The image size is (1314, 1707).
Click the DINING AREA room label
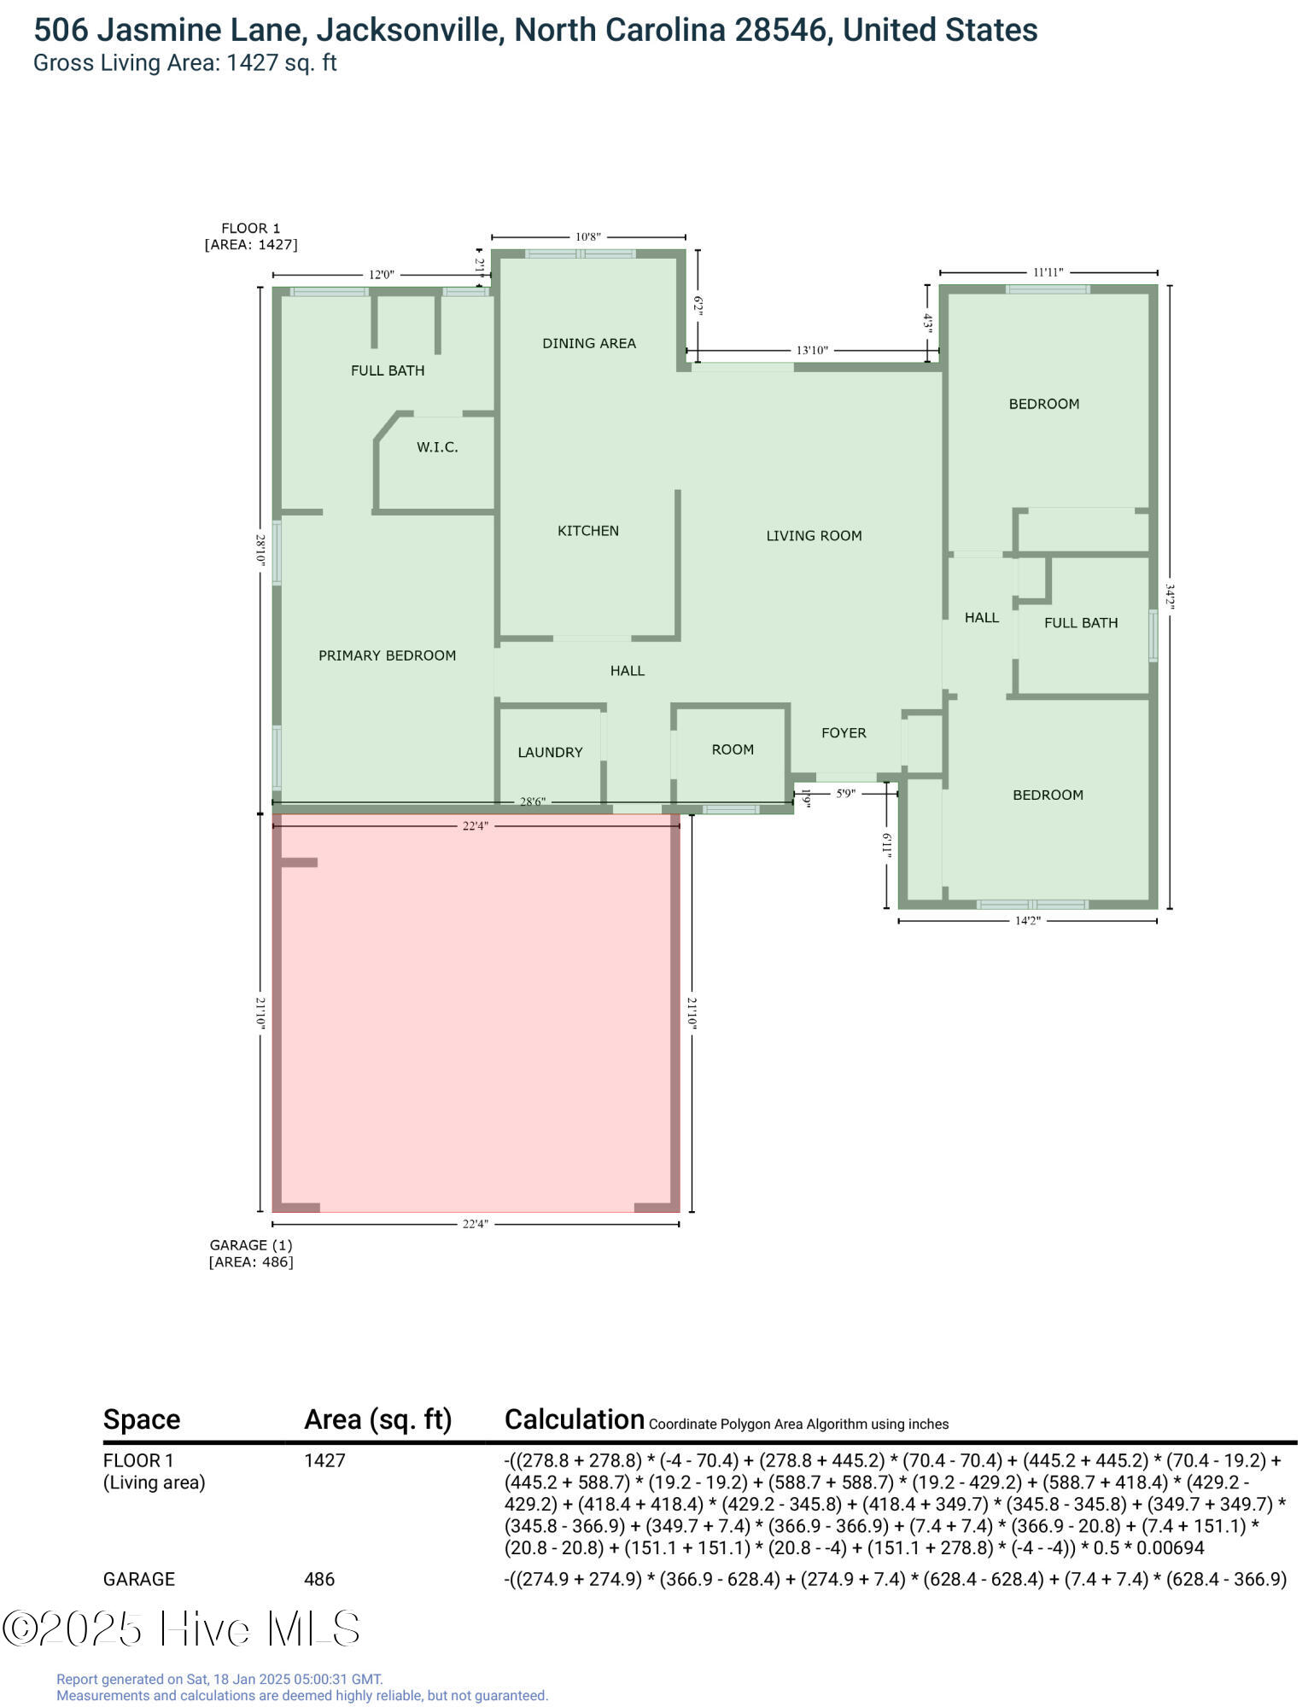(588, 343)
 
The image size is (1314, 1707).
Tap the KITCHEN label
(587, 531)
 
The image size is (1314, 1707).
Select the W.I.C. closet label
(437, 447)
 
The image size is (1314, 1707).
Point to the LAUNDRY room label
(550, 752)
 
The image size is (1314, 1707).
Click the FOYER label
(843, 733)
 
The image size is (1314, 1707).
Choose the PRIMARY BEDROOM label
(387, 655)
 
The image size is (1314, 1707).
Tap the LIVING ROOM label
(813, 536)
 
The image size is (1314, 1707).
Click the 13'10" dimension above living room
(811, 350)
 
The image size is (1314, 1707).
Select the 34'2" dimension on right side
(1169, 596)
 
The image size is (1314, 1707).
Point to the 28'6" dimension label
(532, 801)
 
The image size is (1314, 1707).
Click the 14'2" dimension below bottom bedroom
(1027, 921)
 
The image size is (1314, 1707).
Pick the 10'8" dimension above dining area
(587, 236)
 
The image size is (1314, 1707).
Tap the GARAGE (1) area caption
(250, 1253)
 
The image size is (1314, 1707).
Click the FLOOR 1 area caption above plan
(250, 236)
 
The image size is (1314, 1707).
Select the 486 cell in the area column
(318, 1579)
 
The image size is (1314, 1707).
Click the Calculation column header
(574, 1419)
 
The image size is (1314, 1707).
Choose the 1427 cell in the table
(324, 1460)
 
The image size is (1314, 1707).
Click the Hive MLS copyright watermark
(181, 1628)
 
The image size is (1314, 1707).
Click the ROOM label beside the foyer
(732, 749)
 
